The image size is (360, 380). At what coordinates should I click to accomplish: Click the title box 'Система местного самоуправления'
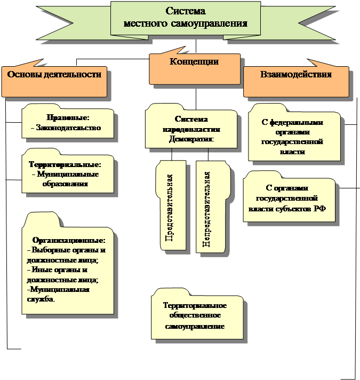(x=185, y=18)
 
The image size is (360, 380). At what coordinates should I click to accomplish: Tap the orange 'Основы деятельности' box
(x=54, y=80)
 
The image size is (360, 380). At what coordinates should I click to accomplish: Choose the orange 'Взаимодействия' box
(x=295, y=80)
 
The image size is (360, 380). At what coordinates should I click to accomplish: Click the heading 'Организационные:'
(x=69, y=241)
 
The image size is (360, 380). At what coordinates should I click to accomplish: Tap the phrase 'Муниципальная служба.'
(x=58, y=295)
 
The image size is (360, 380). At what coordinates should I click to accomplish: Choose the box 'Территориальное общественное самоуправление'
(x=195, y=315)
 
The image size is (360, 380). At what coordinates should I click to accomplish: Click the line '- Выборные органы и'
(x=66, y=250)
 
